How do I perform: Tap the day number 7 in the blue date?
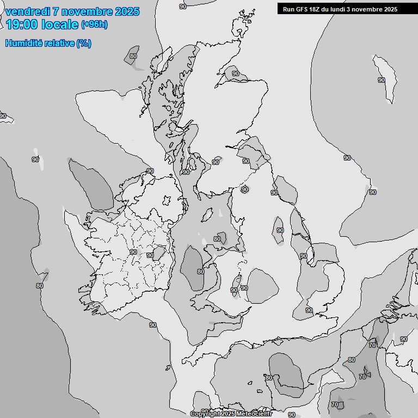56,11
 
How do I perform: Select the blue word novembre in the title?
89,11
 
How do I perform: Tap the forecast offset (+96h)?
94,24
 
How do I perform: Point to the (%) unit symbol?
84,43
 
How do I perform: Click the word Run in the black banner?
288,9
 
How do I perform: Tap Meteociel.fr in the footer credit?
254,414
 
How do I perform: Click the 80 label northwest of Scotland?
133,56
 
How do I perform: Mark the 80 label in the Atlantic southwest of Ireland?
40,286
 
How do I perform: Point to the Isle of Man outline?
207,216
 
